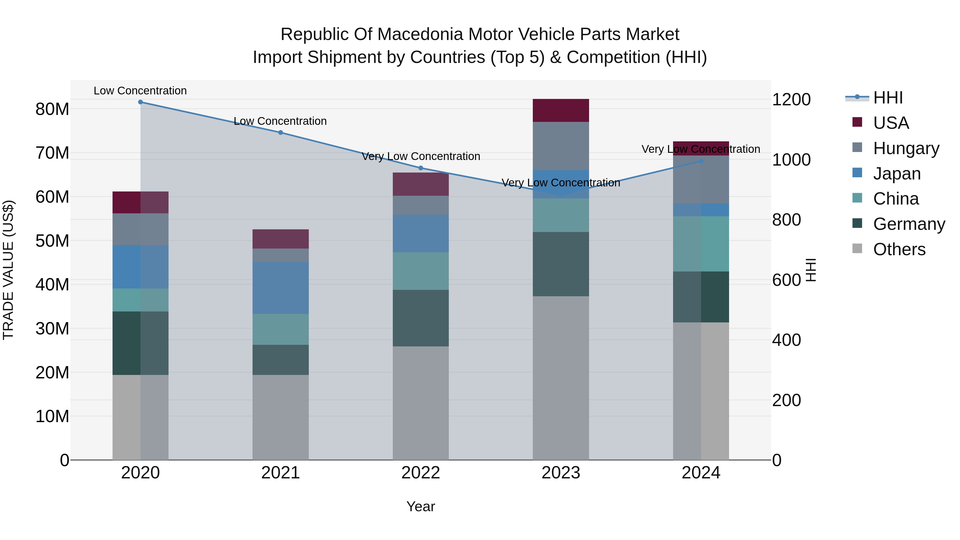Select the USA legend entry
coord(891,123)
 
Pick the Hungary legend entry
coord(906,148)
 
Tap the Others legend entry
coord(899,249)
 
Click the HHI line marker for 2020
coord(141,102)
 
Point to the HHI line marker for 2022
coord(421,168)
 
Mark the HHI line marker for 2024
coord(701,161)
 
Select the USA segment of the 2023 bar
coord(561,111)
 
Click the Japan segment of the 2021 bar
coord(281,288)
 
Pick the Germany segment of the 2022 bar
coord(421,318)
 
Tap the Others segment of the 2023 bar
coord(561,378)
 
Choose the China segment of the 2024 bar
coord(701,244)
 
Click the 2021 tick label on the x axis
coord(281,473)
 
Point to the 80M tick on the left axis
coord(52,109)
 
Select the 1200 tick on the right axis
coord(791,99)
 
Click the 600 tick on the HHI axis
coord(786,280)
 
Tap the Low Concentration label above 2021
coord(280,121)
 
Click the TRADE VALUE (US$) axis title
coord(8,270)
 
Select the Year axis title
coord(421,506)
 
